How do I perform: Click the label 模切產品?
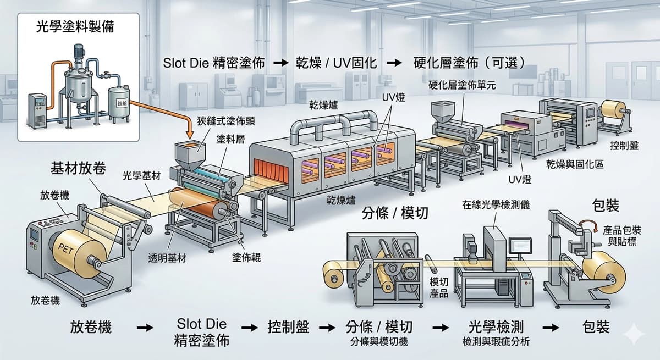coord(439,287)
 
